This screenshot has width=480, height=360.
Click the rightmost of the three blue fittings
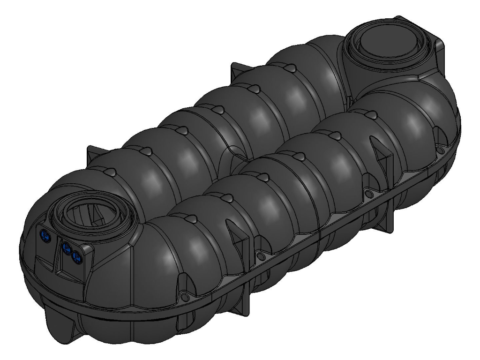(76, 256)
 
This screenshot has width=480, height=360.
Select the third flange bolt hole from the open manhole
(368, 193)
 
